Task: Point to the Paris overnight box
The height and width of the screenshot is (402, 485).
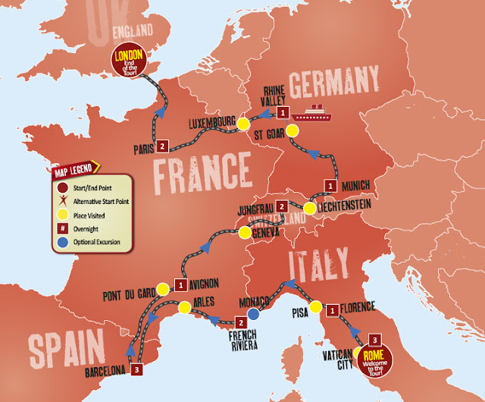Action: (163, 146)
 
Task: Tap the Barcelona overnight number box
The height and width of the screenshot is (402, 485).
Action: (136, 370)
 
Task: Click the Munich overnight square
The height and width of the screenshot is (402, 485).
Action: (330, 184)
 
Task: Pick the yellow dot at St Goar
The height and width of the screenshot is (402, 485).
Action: (290, 130)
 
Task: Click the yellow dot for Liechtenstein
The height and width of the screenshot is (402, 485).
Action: (310, 207)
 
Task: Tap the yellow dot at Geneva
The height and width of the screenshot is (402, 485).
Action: (244, 231)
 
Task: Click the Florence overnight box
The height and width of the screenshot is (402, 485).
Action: (331, 309)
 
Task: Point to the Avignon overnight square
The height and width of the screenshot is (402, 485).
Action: (180, 285)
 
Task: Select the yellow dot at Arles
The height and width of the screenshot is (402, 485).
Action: (183, 307)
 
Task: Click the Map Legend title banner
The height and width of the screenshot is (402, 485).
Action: (74, 172)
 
